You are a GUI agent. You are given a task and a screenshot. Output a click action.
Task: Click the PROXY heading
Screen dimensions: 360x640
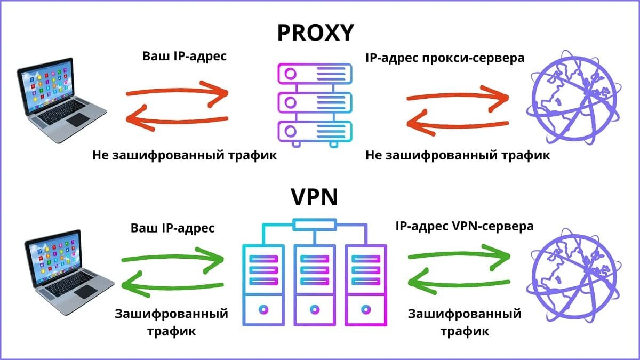click(x=315, y=33)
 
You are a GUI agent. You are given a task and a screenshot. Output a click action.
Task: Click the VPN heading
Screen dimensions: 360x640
click(x=315, y=197)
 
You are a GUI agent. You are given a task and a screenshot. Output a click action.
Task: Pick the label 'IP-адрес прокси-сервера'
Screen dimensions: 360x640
click(x=445, y=58)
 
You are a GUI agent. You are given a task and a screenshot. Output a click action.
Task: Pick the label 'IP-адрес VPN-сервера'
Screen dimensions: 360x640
click(x=464, y=226)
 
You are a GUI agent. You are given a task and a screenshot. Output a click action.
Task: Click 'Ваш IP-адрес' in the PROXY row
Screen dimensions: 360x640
click(x=185, y=56)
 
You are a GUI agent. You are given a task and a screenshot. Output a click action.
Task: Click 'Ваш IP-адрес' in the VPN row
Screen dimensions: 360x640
click(x=173, y=228)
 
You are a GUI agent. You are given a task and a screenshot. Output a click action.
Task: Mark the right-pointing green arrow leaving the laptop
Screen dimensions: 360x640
click(x=173, y=259)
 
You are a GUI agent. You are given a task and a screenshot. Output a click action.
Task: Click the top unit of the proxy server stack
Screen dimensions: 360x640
click(x=315, y=74)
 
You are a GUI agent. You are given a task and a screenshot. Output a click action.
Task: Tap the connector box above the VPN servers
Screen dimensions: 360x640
click(x=315, y=223)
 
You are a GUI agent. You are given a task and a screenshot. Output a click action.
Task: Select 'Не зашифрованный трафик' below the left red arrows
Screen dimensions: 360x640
click(x=185, y=156)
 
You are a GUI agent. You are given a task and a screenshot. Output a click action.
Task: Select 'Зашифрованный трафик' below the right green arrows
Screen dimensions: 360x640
click(x=464, y=322)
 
